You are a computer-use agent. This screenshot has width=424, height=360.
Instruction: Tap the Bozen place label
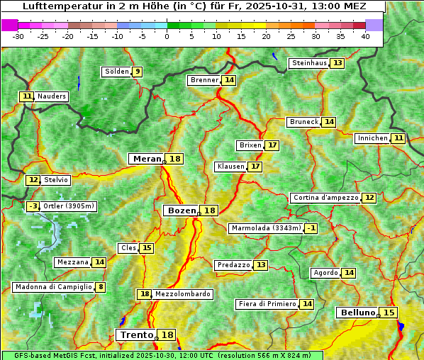point(181,210)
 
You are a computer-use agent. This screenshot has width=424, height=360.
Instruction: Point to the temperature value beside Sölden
point(138,72)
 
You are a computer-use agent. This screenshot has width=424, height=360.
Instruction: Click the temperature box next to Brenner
point(228,80)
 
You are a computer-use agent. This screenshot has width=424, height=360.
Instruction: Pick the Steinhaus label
point(309,63)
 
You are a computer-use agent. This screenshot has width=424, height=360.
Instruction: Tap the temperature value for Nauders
point(27,96)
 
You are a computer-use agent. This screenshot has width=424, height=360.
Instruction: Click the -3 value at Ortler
point(33,206)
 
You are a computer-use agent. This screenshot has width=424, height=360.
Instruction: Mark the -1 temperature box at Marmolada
point(311,228)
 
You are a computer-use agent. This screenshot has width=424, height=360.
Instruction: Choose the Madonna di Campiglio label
point(53,287)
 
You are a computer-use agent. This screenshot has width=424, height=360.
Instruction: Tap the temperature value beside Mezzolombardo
point(145,294)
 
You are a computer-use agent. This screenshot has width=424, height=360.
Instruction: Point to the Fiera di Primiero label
point(267,304)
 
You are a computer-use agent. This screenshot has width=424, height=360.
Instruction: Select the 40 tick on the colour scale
point(365,36)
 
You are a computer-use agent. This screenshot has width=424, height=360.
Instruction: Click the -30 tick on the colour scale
point(18,36)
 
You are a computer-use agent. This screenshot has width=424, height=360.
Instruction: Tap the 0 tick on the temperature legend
point(167,36)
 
